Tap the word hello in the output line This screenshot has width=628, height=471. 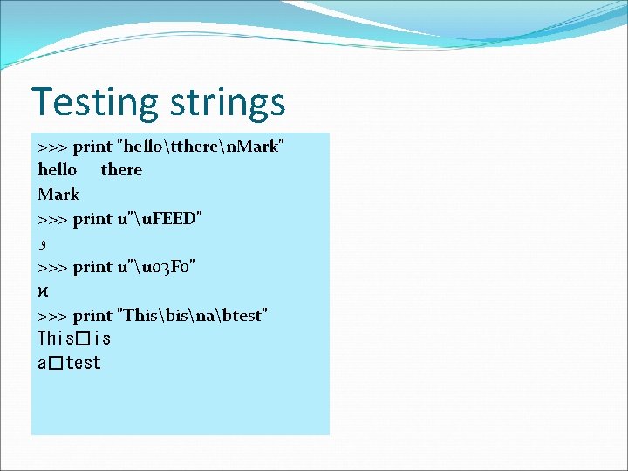58,170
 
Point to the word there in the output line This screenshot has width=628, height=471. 121,170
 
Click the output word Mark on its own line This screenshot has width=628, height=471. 58,194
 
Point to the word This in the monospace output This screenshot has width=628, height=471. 55,338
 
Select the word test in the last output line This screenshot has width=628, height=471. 83,363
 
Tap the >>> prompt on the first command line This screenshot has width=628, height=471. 52,147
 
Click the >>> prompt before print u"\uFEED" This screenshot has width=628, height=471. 52,219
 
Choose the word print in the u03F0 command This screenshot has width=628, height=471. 92,267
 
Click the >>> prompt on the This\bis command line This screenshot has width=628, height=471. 52,316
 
